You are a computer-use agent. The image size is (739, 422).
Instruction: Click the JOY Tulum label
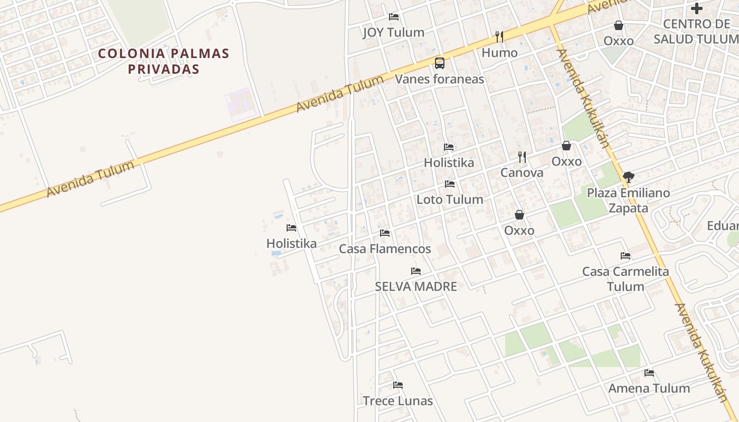coord(393,33)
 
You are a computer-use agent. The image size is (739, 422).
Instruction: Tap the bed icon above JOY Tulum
coord(393,16)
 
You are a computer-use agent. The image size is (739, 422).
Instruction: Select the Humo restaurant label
coord(499,53)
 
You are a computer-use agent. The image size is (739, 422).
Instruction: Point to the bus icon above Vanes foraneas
coord(439,63)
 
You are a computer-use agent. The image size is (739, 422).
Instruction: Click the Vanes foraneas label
coord(439,79)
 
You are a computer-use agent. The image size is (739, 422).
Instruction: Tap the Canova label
coord(522,172)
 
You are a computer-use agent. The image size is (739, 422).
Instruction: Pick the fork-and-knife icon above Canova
coord(522,157)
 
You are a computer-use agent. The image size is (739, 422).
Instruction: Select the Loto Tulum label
coord(450,199)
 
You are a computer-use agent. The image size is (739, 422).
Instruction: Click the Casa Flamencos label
coord(385,249)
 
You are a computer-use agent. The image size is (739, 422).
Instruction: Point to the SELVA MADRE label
coord(415,286)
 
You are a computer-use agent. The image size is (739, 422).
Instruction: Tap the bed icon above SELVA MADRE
coord(416,271)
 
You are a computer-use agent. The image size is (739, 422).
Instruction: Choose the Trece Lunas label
coord(397,401)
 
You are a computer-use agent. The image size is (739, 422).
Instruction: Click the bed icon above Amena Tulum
coord(649,373)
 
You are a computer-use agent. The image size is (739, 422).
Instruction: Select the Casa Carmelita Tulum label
coord(626,279)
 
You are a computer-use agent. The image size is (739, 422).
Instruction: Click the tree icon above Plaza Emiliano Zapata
coord(628,177)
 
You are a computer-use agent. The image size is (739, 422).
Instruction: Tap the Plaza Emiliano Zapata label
coord(628,200)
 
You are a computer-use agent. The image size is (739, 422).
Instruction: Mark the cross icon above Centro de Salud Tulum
coord(697,8)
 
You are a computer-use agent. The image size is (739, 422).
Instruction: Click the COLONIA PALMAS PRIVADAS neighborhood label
coord(164,61)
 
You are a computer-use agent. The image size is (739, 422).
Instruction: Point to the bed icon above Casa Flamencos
coord(385,233)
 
